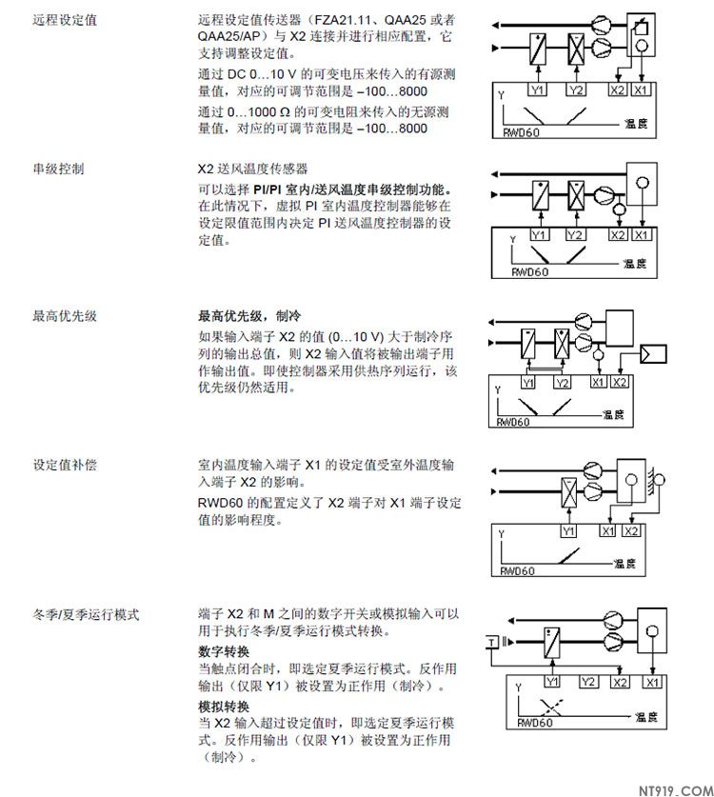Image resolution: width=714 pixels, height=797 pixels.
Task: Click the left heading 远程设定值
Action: point(65,20)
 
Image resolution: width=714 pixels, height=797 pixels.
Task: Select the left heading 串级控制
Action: point(58,169)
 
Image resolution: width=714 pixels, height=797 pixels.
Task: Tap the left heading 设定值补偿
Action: point(65,465)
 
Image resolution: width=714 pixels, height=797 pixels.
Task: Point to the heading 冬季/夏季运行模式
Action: point(86,614)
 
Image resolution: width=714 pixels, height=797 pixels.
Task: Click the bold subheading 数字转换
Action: point(224,651)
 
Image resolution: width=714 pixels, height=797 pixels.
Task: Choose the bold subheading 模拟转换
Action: point(224,707)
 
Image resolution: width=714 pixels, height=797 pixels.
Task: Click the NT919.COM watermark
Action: point(675,790)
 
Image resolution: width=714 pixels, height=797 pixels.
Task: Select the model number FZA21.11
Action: point(345,20)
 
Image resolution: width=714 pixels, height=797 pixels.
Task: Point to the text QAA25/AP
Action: point(229,36)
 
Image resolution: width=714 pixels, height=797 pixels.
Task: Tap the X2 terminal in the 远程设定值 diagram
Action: point(617,90)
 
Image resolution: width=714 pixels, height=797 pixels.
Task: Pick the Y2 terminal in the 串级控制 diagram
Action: point(574,235)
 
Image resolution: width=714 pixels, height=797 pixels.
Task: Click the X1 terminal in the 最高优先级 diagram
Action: point(598,382)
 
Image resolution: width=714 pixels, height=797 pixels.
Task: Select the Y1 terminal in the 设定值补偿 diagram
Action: point(568,531)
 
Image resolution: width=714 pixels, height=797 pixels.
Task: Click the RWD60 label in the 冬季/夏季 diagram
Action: point(534,723)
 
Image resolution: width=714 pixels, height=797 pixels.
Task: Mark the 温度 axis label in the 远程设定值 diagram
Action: point(636,123)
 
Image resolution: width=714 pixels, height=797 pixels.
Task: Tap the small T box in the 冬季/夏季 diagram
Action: point(492,642)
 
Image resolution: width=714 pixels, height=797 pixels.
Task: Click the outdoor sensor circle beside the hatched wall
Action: point(659,479)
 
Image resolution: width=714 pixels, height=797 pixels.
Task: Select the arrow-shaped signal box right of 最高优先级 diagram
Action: point(653,354)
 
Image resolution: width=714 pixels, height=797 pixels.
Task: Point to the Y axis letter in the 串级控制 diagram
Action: point(513,239)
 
